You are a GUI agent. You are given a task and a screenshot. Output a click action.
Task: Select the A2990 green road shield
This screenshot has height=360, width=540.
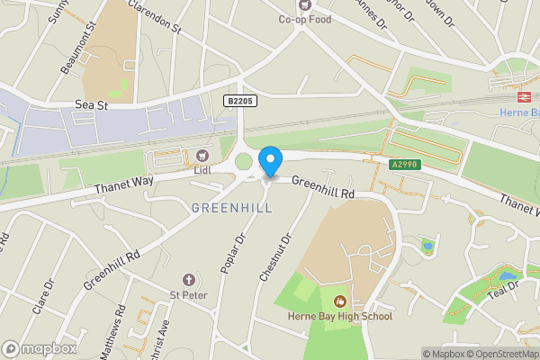click(403, 165)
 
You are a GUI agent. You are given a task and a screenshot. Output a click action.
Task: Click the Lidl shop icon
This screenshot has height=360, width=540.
click(202, 155)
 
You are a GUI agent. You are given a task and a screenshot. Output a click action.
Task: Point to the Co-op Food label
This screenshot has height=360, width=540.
click(304, 18)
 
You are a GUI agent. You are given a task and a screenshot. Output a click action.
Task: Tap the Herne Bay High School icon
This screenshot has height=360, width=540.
click(340, 301)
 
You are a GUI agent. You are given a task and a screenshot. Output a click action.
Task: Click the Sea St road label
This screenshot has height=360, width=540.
click(93, 105)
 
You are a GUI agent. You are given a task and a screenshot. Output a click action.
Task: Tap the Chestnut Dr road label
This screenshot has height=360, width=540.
click(275, 258)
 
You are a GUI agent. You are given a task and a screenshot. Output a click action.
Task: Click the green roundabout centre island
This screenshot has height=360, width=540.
click(243, 162)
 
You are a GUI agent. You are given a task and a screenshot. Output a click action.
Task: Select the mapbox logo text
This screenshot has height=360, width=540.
click(40, 348)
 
